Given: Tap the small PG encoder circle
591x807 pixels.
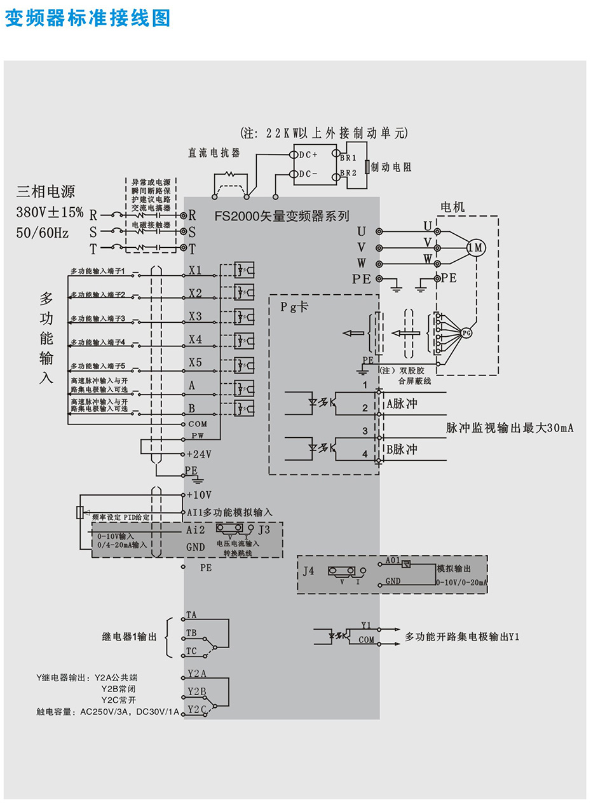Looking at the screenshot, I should (467, 332).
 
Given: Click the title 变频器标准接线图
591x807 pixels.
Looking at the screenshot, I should (88, 18).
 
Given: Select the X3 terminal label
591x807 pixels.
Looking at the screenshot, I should (195, 316).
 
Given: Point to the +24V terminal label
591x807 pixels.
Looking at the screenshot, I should (199, 454).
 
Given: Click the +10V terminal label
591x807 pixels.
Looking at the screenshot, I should (199, 494).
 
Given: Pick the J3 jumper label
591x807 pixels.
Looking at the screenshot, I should (264, 529).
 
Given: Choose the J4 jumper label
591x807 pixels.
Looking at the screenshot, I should (308, 571).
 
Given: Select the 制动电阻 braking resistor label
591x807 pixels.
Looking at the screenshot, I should (391, 167).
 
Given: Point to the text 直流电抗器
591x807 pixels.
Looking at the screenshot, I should (214, 153).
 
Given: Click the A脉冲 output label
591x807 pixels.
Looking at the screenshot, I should (402, 403).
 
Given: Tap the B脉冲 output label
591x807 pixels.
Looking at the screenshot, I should (402, 449).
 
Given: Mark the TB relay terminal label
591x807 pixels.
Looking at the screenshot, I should (191, 633).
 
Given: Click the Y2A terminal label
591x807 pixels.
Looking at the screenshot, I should (196, 673).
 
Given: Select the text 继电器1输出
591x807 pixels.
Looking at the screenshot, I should (129, 636).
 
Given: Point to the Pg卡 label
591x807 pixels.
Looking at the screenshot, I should (294, 306).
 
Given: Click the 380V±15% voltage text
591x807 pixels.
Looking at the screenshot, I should (50, 212).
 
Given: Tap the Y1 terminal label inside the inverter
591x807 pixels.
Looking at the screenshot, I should (365, 625).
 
